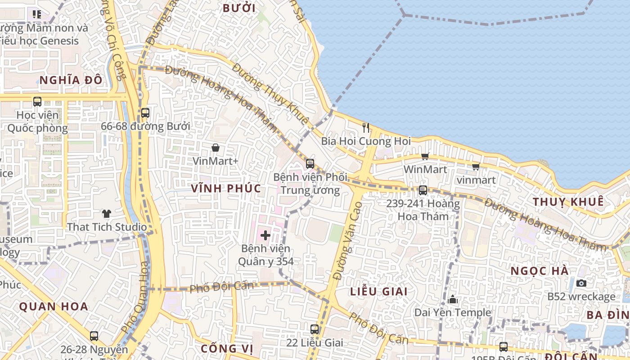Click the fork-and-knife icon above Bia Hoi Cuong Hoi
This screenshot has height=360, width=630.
(x=366, y=128)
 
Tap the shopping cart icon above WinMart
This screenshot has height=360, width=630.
(x=425, y=156)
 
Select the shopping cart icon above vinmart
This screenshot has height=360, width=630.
(x=476, y=166)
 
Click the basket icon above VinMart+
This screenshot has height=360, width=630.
(x=216, y=148)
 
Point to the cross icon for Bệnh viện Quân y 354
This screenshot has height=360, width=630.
(x=265, y=235)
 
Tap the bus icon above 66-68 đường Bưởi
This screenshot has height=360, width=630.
(x=145, y=113)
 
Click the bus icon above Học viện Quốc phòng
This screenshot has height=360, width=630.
(x=37, y=102)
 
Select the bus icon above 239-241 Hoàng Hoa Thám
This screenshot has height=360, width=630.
(x=423, y=190)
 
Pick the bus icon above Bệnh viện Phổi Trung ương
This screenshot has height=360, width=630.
(x=310, y=164)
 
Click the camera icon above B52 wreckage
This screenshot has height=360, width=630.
(x=581, y=283)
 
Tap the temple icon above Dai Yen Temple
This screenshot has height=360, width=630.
(x=453, y=299)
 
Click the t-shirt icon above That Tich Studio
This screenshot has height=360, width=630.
(x=106, y=213)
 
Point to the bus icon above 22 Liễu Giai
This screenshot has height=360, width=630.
(x=315, y=329)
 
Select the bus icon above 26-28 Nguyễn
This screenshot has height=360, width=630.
(x=94, y=336)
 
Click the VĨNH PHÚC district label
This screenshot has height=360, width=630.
(x=226, y=189)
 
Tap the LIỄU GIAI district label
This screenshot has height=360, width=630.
(x=379, y=292)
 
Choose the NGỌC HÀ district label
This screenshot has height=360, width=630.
(x=540, y=271)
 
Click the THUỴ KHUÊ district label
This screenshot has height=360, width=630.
(x=568, y=202)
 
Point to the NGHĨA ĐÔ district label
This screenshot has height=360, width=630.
(x=71, y=81)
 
